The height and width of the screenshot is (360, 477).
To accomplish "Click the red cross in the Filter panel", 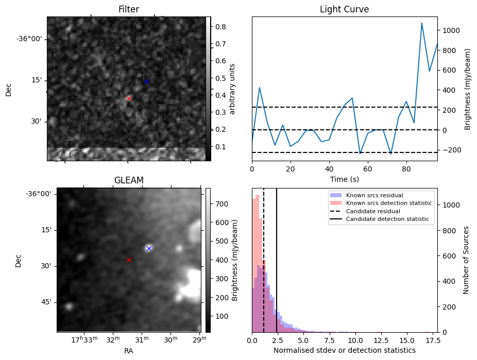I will [129, 98].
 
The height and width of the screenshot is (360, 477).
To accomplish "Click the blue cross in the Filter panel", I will [146, 82].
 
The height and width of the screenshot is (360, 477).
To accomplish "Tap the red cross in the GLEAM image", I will [129, 260].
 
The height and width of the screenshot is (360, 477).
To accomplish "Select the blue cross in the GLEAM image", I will [149, 248].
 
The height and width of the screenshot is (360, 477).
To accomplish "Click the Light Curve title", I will [344, 9].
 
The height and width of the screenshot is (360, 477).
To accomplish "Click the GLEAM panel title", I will [129, 180].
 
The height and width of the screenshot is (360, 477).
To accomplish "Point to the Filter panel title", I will [128, 9].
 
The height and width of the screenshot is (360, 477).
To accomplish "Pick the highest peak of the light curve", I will [422, 23].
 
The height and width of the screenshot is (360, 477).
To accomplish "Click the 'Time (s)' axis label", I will [344, 179].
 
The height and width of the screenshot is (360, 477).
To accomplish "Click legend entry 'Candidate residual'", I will [370, 211].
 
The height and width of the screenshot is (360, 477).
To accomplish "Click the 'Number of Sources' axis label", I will [466, 260].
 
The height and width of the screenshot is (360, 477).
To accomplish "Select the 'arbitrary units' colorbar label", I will [232, 89].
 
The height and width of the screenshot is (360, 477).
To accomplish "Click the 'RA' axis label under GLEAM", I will [129, 351].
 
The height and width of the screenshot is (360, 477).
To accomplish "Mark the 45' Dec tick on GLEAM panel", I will [44, 302].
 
